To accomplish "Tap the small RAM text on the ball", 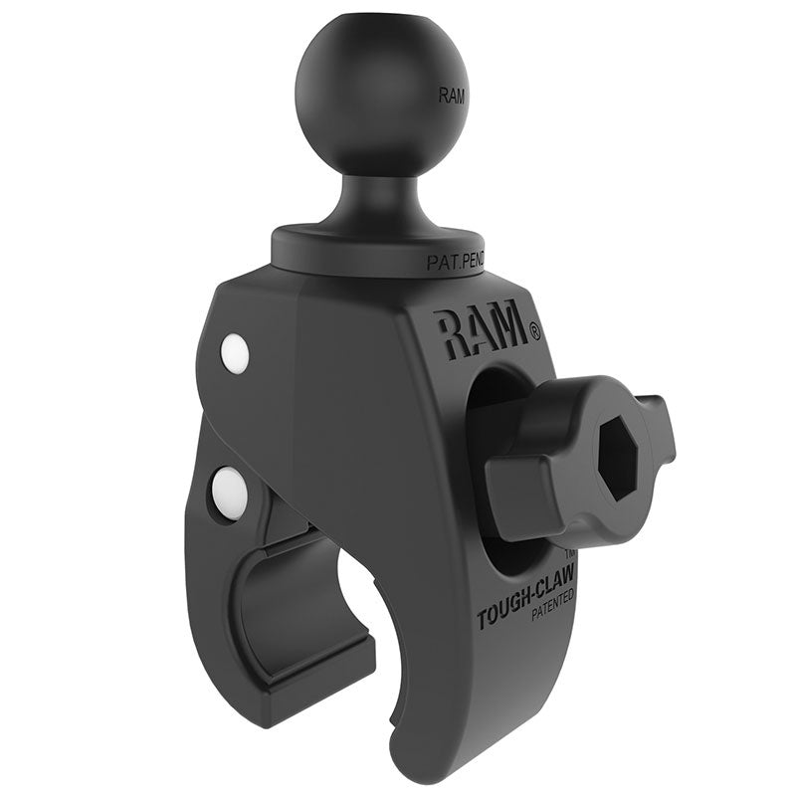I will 451,97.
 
